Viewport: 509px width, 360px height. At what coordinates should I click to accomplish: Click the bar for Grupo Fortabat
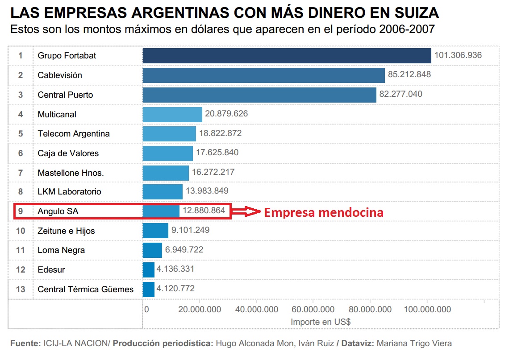click(287, 56)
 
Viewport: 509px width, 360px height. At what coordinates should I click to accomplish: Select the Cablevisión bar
click(263, 75)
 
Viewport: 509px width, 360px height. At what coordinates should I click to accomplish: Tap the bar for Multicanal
click(172, 114)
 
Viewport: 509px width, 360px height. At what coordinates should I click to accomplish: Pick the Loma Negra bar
click(152, 250)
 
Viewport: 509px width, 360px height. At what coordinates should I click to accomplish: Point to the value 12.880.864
click(204, 211)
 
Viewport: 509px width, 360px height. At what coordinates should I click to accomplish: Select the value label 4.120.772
click(175, 289)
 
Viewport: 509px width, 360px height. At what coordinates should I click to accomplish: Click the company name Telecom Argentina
click(74, 134)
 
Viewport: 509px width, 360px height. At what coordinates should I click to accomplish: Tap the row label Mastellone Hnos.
click(71, 173)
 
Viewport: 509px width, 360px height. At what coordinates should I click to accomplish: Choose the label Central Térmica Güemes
click(85, 290)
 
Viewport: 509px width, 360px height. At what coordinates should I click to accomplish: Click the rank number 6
click(21, 153)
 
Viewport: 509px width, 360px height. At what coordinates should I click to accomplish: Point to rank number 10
click(21, 231)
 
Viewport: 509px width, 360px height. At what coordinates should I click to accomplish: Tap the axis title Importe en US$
click(320, 321)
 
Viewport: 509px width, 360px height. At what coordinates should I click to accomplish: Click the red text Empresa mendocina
click(324, 212)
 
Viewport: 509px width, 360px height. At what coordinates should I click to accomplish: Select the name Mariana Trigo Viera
click(414, 343)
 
